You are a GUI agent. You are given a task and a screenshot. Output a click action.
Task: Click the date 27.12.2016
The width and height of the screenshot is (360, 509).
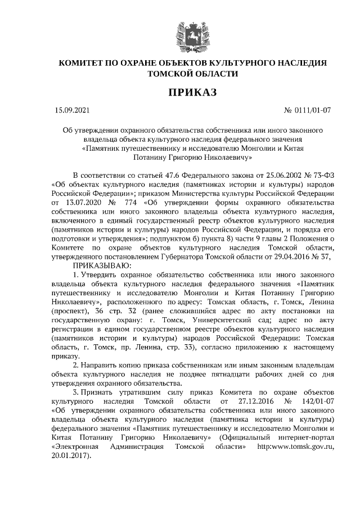(x=247, y=401)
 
